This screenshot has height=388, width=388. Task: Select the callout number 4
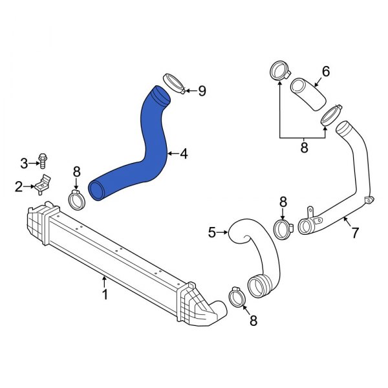[x=184, y=154]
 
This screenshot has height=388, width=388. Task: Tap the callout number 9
[x=202, y=91]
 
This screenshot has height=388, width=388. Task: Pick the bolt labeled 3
[x=43, y=161]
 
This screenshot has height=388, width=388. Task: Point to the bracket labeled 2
[x=42, y=184]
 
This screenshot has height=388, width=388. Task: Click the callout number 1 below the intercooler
[x=105, y=294]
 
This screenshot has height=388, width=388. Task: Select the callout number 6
[x=326, y=71]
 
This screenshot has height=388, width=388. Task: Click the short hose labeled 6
[x=308, y=94]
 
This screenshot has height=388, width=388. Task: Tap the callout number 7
[x=355, y=233]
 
